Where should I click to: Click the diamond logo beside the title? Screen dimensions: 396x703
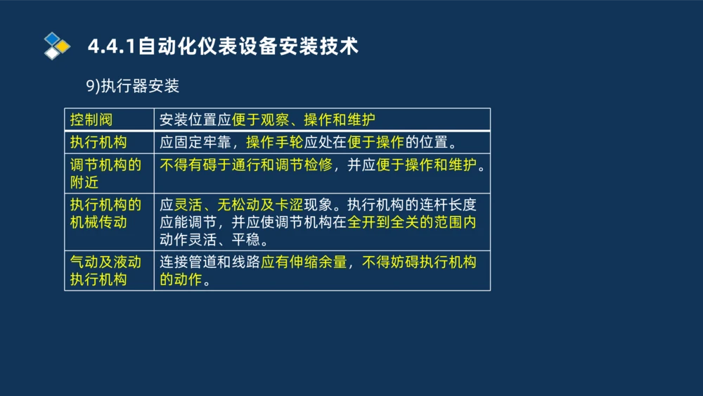coord(57,46)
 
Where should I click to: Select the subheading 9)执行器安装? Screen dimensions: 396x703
coord(133,86)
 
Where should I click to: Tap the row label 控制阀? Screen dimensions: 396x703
coord(91,120)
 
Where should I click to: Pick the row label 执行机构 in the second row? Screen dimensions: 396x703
coord(98,142)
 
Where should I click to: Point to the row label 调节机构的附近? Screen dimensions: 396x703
coord(105,174)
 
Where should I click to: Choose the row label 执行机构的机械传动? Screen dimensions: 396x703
coord(105,213)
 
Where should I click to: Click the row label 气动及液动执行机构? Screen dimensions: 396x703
coord(105,270)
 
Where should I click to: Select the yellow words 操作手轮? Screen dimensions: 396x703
coord(274,142)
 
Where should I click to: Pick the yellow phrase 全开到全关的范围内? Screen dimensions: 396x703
coord(412,222)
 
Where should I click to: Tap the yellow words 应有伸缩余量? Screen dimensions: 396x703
coord(304,262)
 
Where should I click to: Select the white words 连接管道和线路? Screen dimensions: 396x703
coord(209,262)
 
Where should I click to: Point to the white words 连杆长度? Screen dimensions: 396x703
coord(448,205)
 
